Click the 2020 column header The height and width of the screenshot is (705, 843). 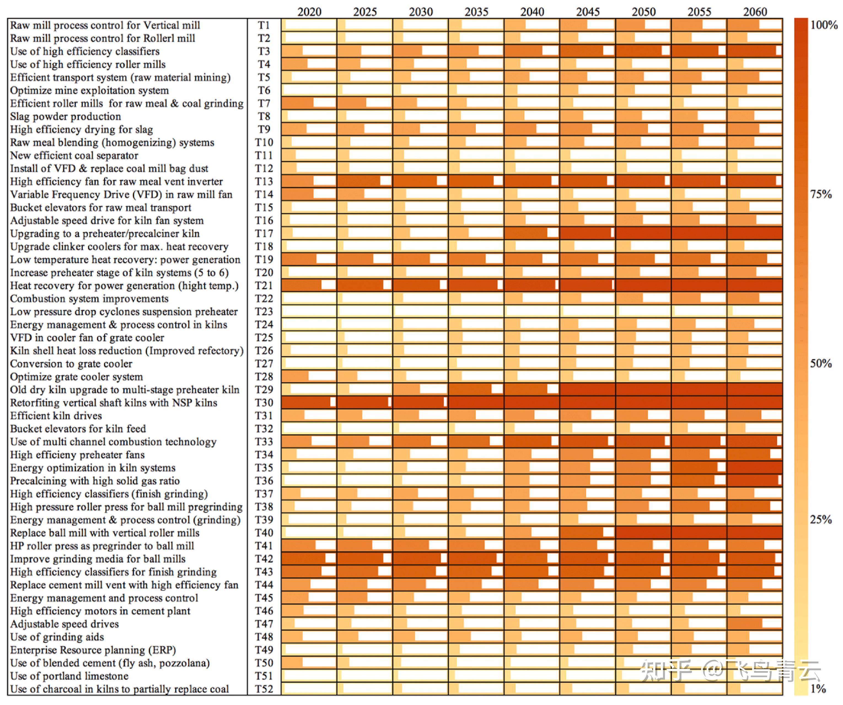point(309,12)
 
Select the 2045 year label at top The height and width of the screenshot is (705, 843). point(588,12)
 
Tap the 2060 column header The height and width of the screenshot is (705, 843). point(755,12)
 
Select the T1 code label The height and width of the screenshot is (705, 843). point(264,25)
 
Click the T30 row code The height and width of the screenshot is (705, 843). point(264,403)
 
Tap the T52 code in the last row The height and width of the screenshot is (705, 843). point(264,689)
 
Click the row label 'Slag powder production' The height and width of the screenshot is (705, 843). point(65,116)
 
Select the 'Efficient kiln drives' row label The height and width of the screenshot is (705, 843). point(56,416)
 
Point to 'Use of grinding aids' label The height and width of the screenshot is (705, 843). point(57,637)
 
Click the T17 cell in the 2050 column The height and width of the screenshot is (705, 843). point(643,233)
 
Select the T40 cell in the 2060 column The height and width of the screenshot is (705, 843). point(755,532)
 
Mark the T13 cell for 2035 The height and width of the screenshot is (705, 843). point(476,181)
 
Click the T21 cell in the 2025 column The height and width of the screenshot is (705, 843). point(364,285)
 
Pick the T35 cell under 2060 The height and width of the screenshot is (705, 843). point(755,467)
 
